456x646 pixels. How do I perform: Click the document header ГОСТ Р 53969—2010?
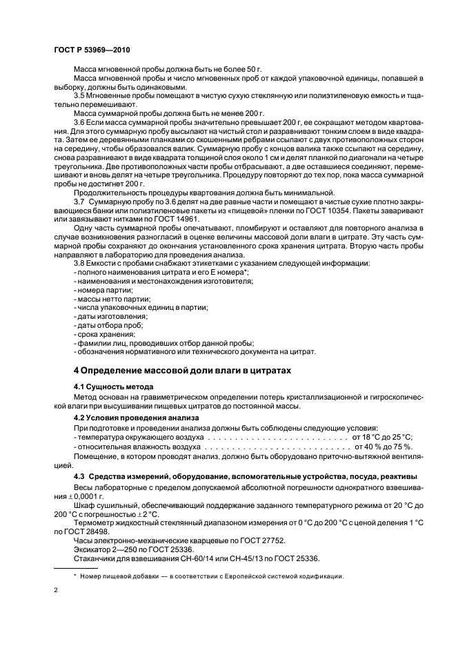[91, 51]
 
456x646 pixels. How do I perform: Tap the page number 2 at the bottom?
[55, 590]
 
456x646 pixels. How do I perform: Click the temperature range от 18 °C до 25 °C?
[382, 437]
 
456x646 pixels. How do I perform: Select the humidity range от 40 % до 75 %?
[384, 447]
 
